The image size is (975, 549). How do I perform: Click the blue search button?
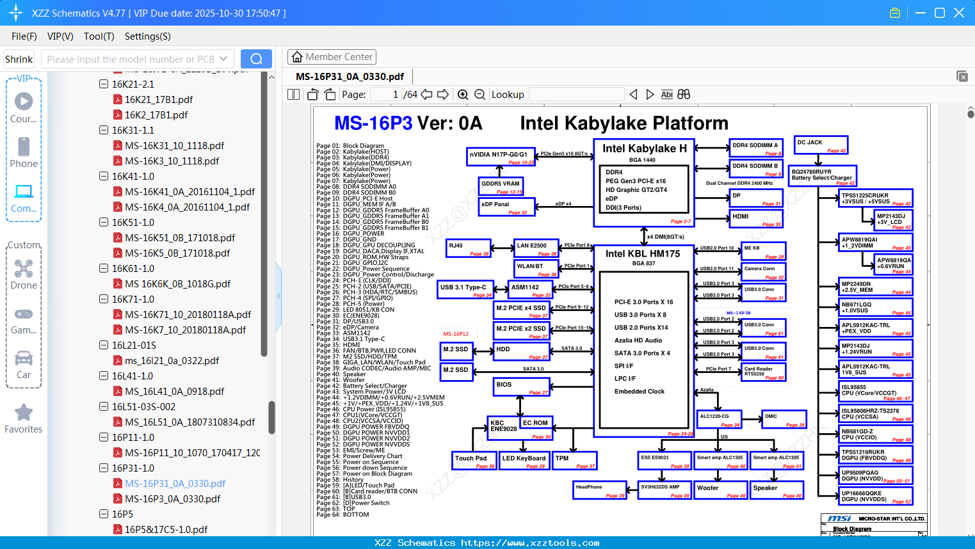pyautogui.click(x=256, y=59)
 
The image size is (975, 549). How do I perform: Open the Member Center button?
pyautogui.click(x=332, y=57)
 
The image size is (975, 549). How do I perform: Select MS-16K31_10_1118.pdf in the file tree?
pyautogui.click(x=174, y=145)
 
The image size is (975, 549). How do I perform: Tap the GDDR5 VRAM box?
pyautogui.click(x=502, y=186)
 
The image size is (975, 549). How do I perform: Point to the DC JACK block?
pyautogui.click(x=821, y=145)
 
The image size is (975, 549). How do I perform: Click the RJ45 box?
pyautogui.click(x=468, y=248)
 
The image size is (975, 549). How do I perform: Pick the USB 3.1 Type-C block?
pyautogui.click(x=465, y=290)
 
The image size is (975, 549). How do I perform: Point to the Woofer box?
pyautogui.click(x=721, y=490)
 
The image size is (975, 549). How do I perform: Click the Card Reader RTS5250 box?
pyautogui.click(x=763, y=372)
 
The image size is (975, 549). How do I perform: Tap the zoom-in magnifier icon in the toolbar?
pyautogui.click(x=463, y=95)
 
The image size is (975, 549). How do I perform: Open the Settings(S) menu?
pyautogui.click(x=147, y=36)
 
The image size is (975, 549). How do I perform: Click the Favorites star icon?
pyautogui.click(x=24, y=413)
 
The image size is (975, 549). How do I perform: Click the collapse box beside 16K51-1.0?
pyautogui.click(x=104, y=222)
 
